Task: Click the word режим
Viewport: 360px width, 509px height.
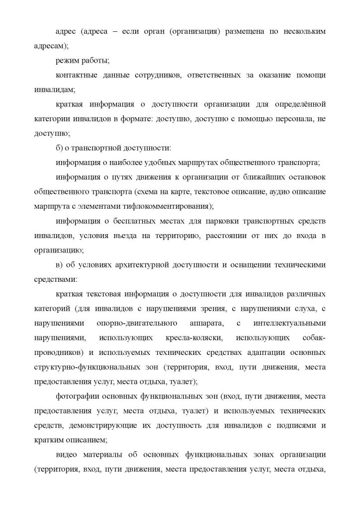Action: [x=68, y=61]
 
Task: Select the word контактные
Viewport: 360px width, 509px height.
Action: [x=76, y=75]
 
